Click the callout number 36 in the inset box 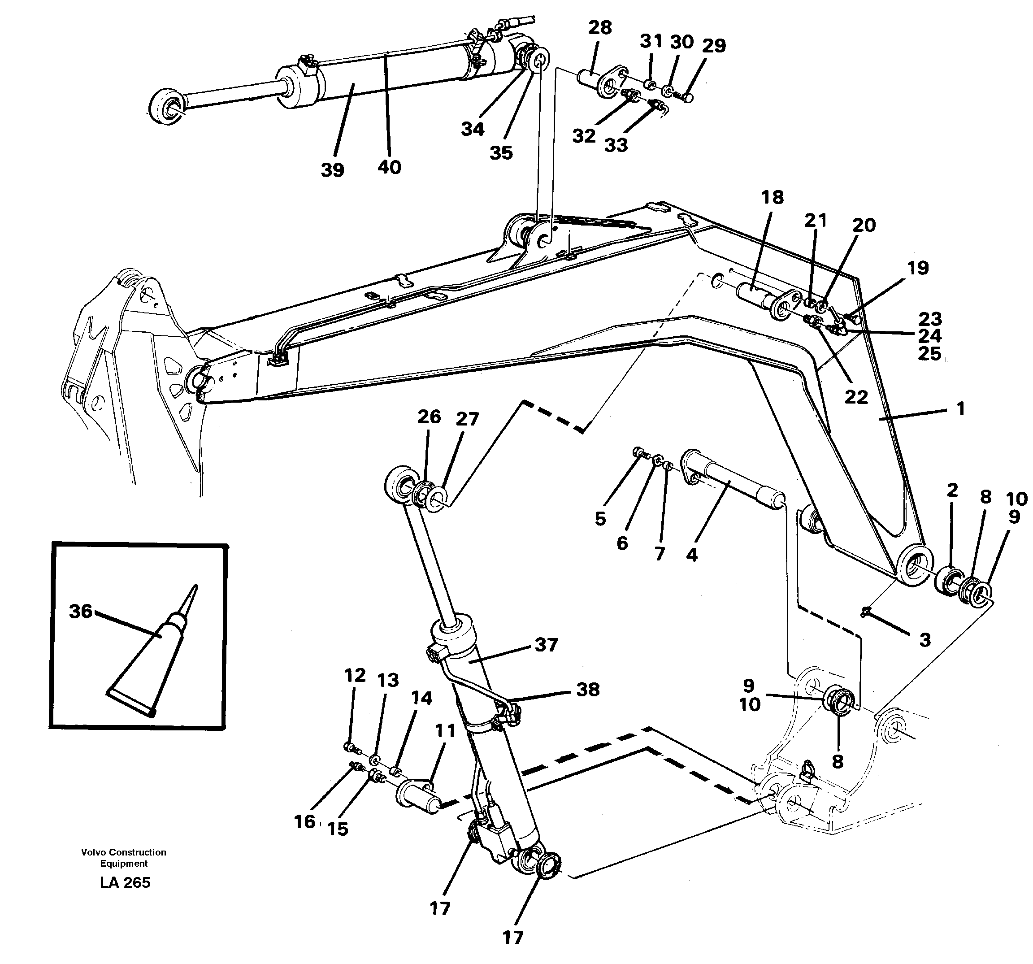pos(81,612)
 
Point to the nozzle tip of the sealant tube pos(196,587)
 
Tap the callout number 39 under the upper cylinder pos(333,169)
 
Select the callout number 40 pos(390,167)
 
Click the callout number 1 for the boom pos(961,408)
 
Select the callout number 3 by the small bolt pos(925,640)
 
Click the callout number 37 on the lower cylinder pos(546,645)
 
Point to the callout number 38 pos(588,690)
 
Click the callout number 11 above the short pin pos(445,731)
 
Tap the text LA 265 pos(125,882)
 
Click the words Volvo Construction pos(124,852)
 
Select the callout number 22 pos(856,397)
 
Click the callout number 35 pos(501,152)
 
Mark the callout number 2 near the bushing pos(952,490)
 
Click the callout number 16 pos(304,821)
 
